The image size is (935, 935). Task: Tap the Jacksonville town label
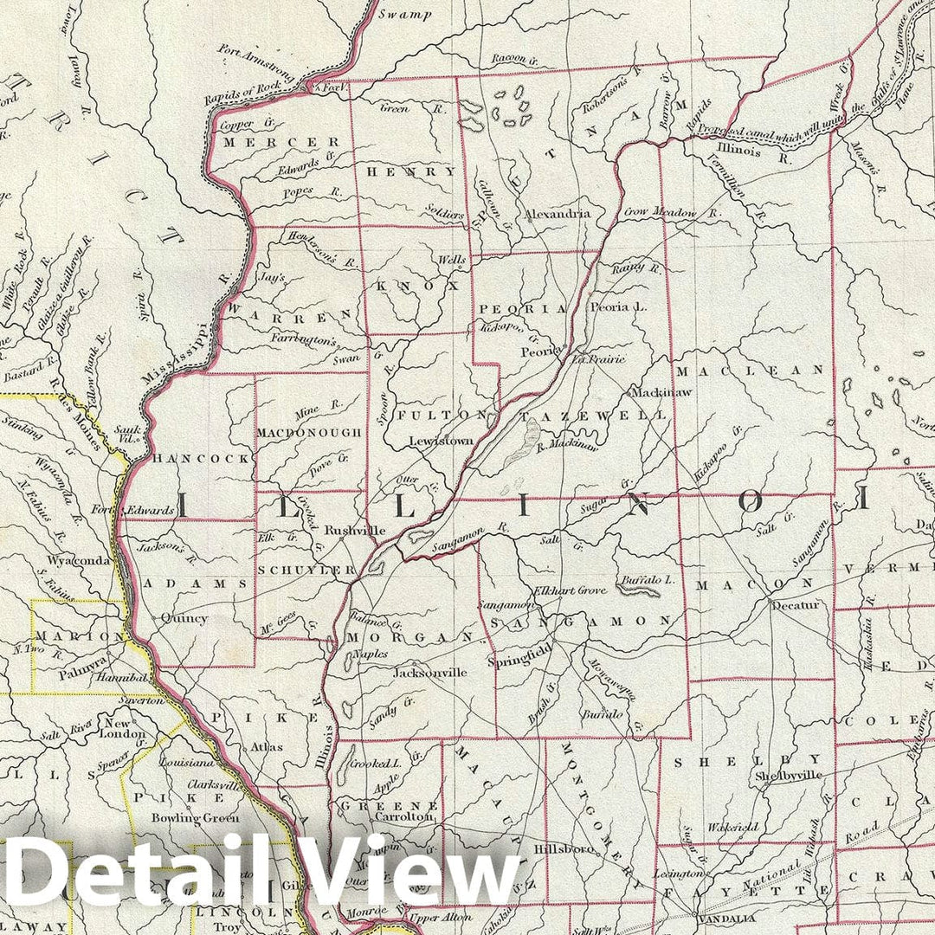pyautogui.click(x=430, y=672)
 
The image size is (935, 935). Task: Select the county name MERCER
pyautogui.click(x=269, y=142)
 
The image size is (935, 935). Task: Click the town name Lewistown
pyautogui.click(x=441, y=441)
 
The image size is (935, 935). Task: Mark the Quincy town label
pyautogui.click(x=184, y=618)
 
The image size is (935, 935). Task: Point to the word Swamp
pyautogui.click(x=405, y=15)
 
